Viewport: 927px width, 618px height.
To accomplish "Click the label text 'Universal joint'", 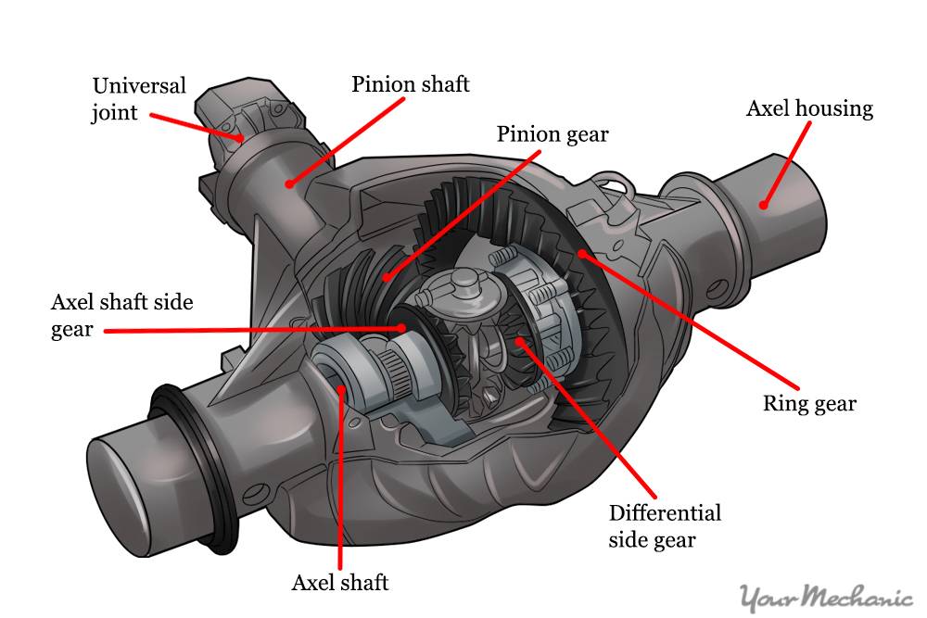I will pos(139,99).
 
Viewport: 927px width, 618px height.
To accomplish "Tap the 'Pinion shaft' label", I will pos(410,84).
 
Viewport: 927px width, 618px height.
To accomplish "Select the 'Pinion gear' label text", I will pos(552,134).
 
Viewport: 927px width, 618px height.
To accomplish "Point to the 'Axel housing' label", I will pos(809,108).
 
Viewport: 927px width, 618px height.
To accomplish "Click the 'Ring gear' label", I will pos(809,403).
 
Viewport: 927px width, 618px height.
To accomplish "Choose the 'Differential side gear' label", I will pos(665,525).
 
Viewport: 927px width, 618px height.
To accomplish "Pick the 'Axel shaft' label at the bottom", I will pos(340,582).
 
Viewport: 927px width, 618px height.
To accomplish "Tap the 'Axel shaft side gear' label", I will pos(121,315).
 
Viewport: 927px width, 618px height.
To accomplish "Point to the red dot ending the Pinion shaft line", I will pos(290,183).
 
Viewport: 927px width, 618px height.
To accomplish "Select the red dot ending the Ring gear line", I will pos(580,252).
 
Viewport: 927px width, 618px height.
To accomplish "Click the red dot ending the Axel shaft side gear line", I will pos(401,327).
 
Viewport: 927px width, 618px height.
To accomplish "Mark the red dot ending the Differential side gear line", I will pos(521,342).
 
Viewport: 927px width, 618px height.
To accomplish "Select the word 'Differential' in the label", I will pos(665,512).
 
